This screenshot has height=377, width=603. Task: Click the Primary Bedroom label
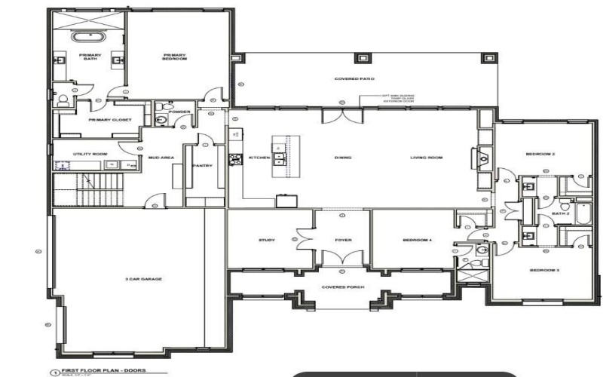tap(174, 57)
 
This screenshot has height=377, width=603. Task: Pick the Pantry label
tap(201, 165)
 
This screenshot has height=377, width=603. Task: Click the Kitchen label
tap(259, 158)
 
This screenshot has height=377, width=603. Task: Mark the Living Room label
tap(426, 158)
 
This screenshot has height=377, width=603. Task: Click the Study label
tap(266, 241)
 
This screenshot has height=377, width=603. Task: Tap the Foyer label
tap(343, 241)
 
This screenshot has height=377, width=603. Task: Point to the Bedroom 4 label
tap(417, 241)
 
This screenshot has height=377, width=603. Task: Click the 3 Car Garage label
tap(143, 279)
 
